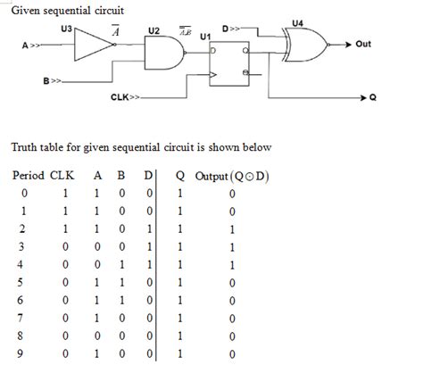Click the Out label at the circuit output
click(x=362, y=43)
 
